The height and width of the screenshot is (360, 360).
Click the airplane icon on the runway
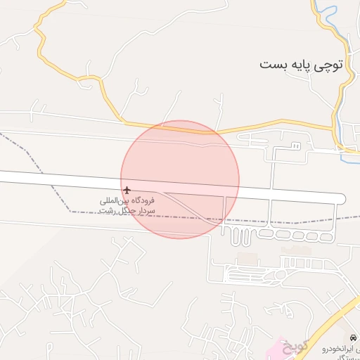[127, 190]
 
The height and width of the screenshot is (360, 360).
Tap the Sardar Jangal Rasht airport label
[127, 205]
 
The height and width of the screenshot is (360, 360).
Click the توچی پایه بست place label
[301, 65]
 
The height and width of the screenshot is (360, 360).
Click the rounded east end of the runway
[341, 198]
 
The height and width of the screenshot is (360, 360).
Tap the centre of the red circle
[180, 179]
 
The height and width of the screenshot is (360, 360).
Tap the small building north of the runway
[296, 146]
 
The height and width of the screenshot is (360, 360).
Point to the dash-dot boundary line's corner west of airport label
[70, 210]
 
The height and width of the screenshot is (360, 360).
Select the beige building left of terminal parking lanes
[245, 259]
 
